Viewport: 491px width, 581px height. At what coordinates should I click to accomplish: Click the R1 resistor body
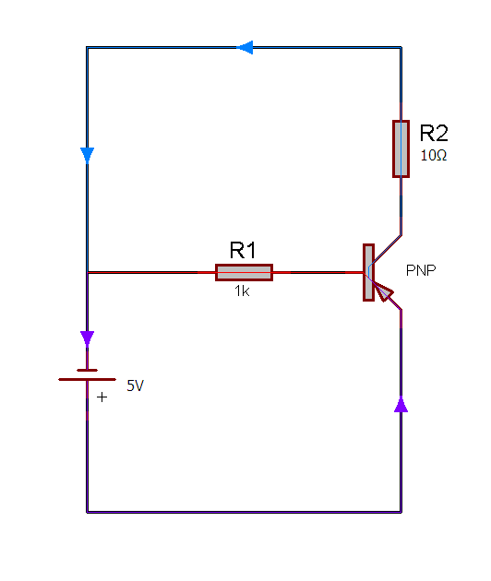[x=244, y=272]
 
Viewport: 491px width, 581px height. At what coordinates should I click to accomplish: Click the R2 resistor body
[x=401, y=148]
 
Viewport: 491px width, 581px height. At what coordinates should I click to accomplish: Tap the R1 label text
[x=243, y=250]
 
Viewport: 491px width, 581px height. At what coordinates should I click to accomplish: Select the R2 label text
[x=434, y=133]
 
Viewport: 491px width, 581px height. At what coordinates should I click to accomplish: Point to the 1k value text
[x=242, y=291]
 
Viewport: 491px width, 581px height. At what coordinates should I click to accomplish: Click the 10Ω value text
[x=434, y=155]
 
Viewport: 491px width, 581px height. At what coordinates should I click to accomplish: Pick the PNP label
[x=421, y=270]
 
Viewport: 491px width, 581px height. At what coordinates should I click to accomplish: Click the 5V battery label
[x=135, y=385]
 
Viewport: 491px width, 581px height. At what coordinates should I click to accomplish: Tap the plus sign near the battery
[x=102, y=397]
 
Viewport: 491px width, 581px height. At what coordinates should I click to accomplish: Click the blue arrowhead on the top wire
[x=245, y=47]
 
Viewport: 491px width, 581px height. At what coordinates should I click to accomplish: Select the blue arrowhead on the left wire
[x=87, y=156]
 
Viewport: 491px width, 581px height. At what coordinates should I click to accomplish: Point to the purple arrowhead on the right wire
[x=401, y=404]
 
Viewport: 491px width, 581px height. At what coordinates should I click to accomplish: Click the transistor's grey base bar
[x=368, y=272]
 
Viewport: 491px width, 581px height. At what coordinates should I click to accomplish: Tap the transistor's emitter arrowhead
[x=383, y=291]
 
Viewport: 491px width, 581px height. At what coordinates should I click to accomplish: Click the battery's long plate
[x=87, y=379]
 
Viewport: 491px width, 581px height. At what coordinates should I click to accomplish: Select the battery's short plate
[x=87, y=370]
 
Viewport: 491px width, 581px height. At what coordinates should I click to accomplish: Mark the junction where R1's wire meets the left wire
[x=87, y=272]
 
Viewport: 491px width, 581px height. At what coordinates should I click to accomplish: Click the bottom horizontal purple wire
[x=244, y=512]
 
